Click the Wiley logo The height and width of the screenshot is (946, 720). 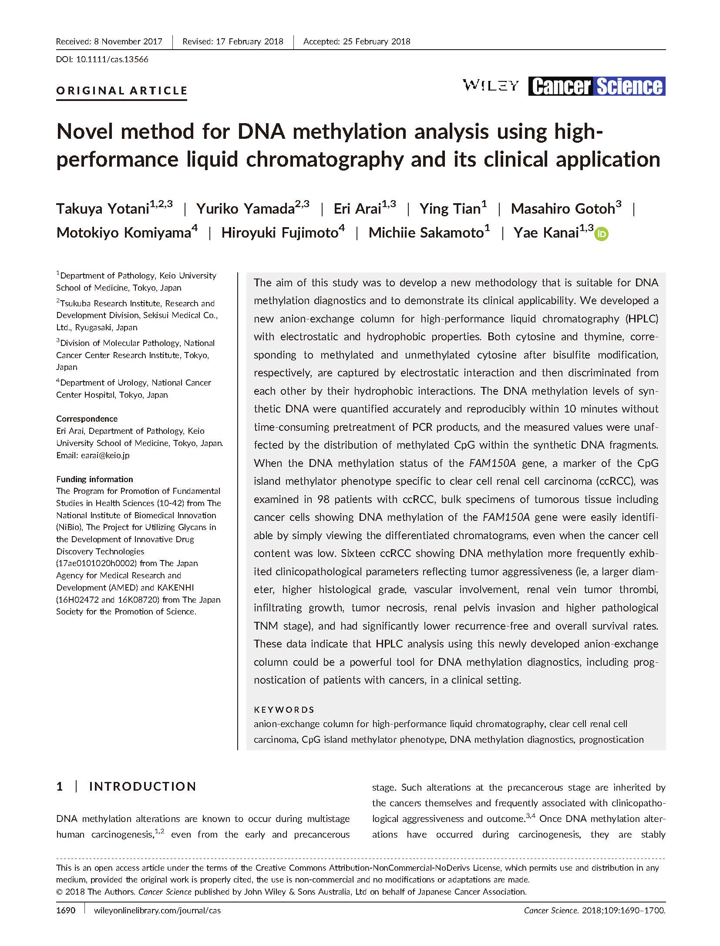[491, 85]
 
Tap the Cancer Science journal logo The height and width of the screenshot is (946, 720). [597, 86]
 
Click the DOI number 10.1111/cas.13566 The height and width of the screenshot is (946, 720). [112, 59]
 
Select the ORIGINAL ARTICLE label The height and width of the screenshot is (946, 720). [122, 91]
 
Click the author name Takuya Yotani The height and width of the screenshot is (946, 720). [103, 209]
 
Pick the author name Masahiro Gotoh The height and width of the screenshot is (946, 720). [562, 209]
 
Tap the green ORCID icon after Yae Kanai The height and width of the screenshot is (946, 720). [602, 234]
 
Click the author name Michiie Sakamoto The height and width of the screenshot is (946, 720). [426, 233]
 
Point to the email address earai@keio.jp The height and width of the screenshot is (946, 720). [105, 455]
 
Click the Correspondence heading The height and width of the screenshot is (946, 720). [87, 419]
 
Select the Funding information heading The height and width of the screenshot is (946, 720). [94, 479]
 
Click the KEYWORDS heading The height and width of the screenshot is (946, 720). [284, 710]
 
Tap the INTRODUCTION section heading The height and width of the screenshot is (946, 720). [142, 786]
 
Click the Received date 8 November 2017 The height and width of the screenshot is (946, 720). [128, 41]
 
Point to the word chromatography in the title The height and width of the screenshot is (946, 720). [325, 159]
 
